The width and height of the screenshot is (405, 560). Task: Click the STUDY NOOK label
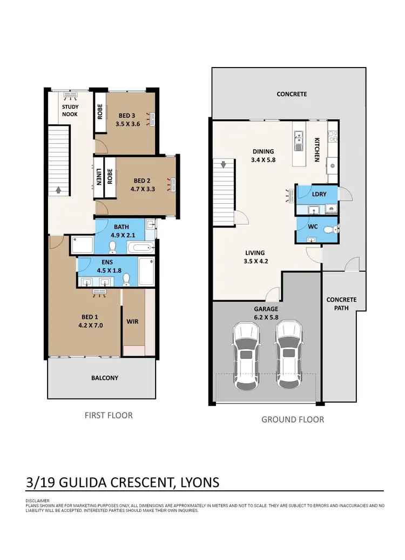(70, 110)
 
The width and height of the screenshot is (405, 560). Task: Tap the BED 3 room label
(127, 115)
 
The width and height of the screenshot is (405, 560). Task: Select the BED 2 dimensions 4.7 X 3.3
(143, 189)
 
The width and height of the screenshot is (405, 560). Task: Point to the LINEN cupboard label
(99, 176)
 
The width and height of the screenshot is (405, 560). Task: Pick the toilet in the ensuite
(126, 279)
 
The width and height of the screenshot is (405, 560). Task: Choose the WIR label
(132, 322)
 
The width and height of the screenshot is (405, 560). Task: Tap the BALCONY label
(105, 378)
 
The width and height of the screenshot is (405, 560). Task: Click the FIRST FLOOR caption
(109, 415)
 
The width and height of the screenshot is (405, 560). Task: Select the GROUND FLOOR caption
(293, 419)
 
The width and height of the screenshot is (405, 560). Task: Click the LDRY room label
(320, 194)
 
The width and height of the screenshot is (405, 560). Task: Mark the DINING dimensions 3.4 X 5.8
(263, 160)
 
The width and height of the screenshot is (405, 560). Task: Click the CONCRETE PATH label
(341, 304)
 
